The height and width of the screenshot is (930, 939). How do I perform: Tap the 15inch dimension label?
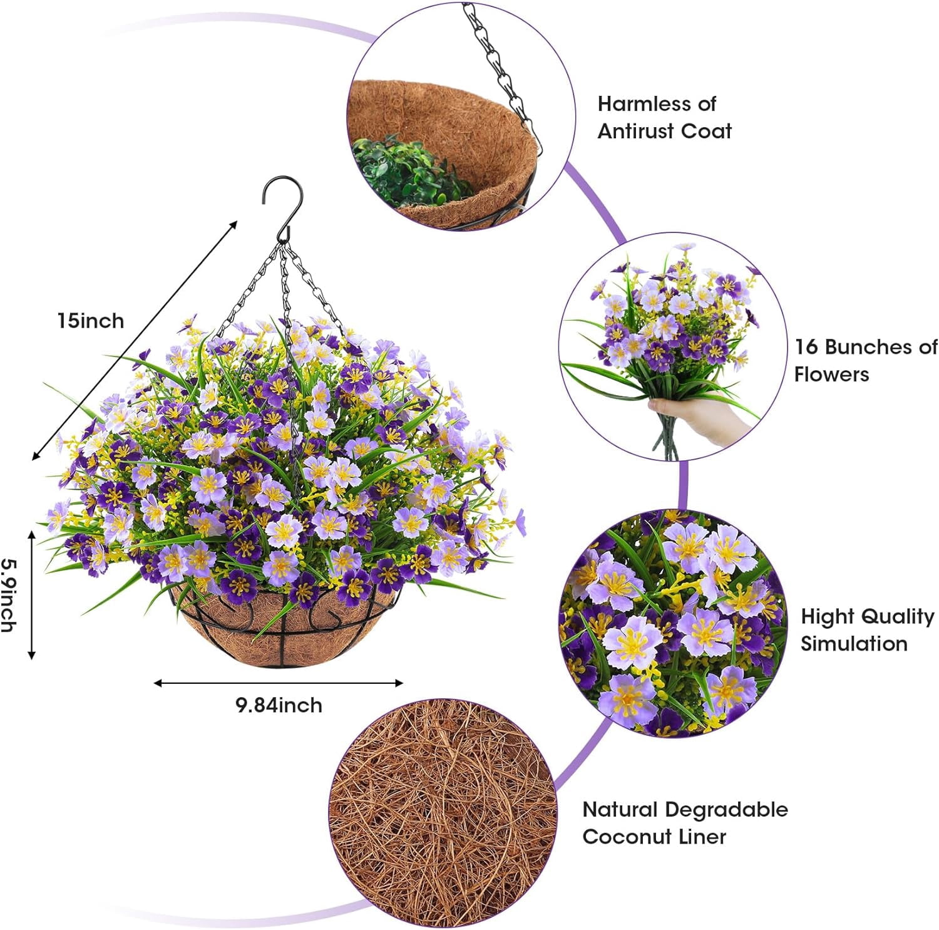coord(91,321)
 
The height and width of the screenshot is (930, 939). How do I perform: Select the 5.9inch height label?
coord(8,594)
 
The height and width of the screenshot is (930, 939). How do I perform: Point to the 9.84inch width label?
coord(279,705)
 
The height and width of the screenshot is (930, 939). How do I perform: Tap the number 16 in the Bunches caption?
coord(806,346)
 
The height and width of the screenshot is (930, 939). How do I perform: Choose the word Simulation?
coord(854,643)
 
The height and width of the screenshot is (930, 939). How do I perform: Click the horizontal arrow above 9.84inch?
coord(279,683)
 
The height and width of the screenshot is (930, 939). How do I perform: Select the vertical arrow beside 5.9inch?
coord(31,594)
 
